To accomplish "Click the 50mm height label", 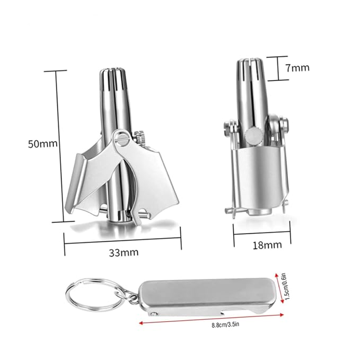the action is (x=43, y=144).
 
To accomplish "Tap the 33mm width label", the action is (x=124, y=252).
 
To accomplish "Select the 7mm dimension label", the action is (x=297, y=68).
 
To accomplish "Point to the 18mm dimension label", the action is (x=267, y=245).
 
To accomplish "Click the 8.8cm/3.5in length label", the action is (x=225, y=324).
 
